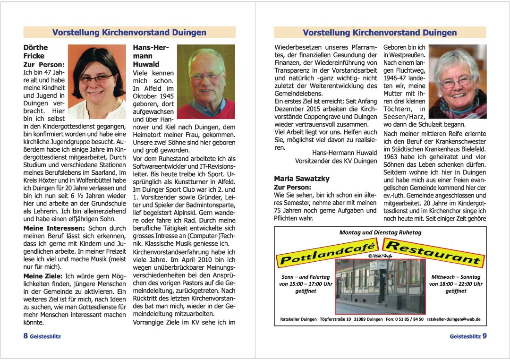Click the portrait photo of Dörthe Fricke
(97, 81)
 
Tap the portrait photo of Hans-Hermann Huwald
(206, 81)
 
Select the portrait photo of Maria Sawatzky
(458, 81)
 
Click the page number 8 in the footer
(26, 336)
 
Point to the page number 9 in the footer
(484, 336)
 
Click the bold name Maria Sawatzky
(301, 179)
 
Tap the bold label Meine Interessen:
(54, 228)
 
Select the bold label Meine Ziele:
(43, 275)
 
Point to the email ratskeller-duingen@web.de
(453, 319)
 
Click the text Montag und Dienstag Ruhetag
(380, 232)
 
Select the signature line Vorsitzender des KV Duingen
(336, 161)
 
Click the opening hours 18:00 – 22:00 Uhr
(456, 284)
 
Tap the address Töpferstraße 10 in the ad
(335, 319)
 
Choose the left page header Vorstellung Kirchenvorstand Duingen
(129, 33)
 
